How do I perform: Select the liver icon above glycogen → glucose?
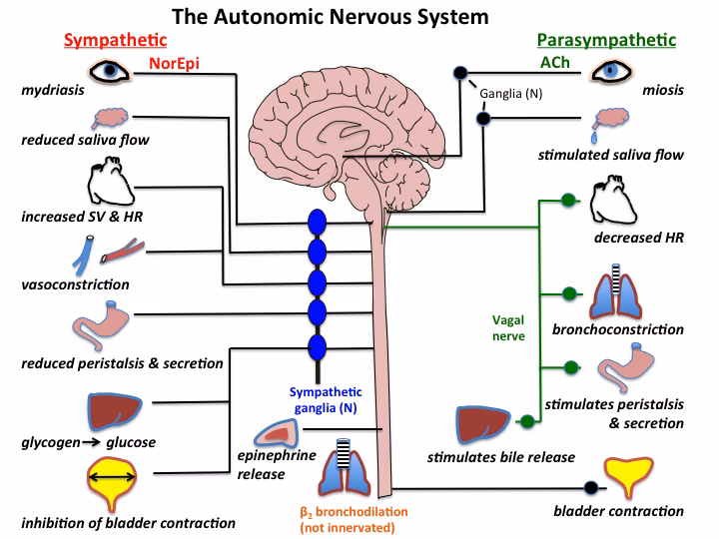point(105,413)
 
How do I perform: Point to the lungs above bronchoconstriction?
point(610,290)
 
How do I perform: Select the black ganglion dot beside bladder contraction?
point(589,488)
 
